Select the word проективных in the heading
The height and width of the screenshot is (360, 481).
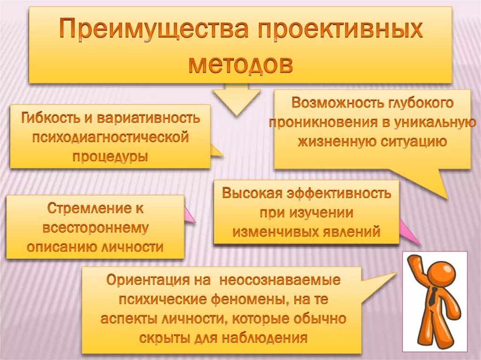346,30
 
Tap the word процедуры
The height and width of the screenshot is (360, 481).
110,156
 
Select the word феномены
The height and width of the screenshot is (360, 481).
248,299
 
